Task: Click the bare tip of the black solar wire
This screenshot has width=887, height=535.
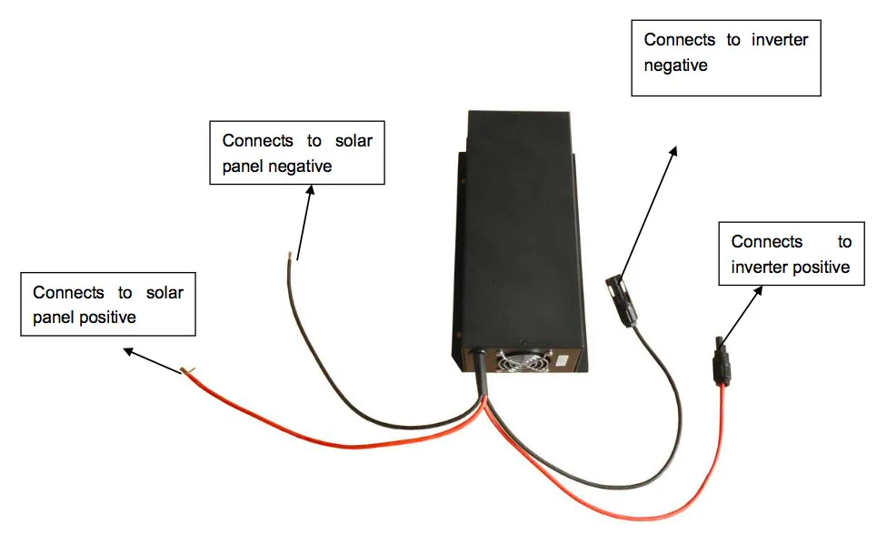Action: point(290,256)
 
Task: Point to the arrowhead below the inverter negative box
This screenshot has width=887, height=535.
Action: point(673,151)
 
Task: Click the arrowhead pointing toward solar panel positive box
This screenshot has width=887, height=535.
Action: point(130,352)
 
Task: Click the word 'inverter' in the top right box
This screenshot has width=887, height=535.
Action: point(780,40)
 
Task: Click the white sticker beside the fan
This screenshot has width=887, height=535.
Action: point(563,360)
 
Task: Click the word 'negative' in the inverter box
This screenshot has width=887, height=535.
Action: point(675,66)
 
